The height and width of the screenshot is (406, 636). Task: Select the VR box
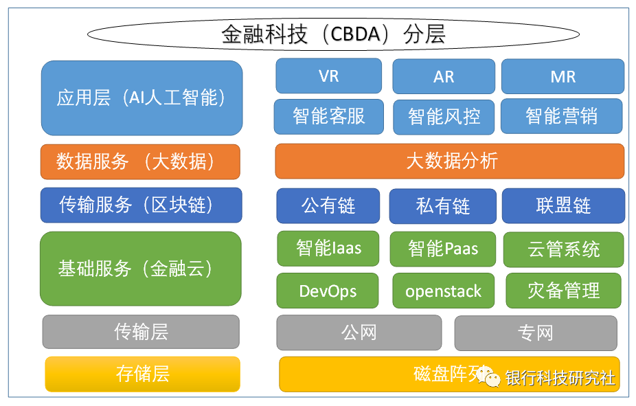click(x=328, y=76)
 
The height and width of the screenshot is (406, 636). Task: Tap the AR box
click(x=444, y=76)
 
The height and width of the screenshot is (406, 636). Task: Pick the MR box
click(x=563, y=76)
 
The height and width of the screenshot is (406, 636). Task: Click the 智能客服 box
click(x=328, y=116)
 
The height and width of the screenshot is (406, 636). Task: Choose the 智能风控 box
click(x=444, y=116)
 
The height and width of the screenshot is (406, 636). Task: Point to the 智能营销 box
click(x=561, y=116)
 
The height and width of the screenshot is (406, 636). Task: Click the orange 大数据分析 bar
click(x=450, y=161)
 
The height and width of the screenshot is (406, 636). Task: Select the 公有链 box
click(x=328, y=205)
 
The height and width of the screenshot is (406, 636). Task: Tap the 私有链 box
click(x=442, y=206)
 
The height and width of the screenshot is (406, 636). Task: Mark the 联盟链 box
click(x=563, y=205)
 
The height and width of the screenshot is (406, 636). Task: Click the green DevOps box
click(x=328, y=291)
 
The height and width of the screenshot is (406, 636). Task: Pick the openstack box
click(x=443, y=291)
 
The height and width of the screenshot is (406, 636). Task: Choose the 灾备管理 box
click(x=563, y=291)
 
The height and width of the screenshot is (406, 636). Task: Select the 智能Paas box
click(x=443, y=249)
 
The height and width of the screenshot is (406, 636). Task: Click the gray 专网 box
click(x=535, y=333)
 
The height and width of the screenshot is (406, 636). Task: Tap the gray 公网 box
click(x=359, y=332)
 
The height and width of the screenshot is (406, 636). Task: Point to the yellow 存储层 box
click(x=142, y=374)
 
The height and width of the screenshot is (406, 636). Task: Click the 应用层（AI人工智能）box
click(x=141, y=98)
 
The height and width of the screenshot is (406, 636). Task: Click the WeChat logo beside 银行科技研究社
click(x=490, y=376)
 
